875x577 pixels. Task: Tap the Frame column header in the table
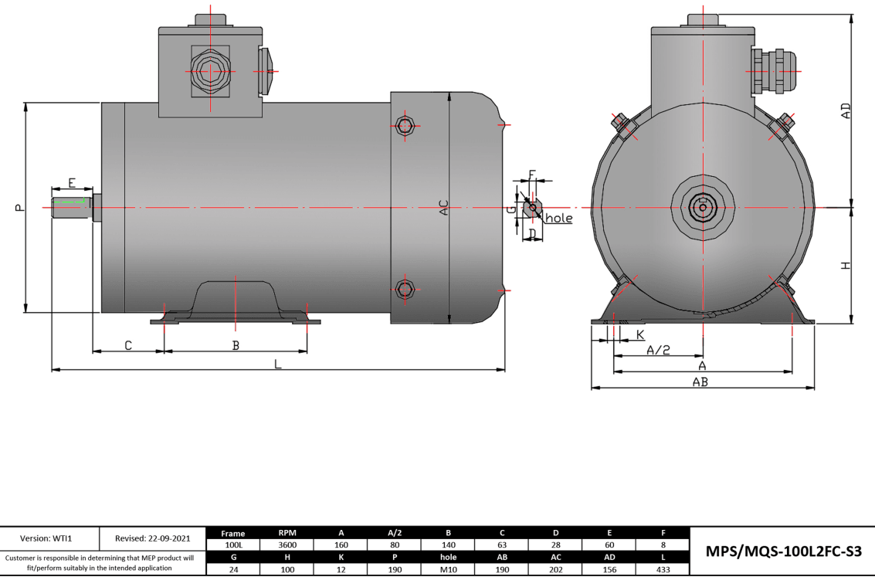point(232,532)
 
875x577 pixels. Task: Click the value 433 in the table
point(663,570)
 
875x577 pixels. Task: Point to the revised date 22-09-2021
point(152,538)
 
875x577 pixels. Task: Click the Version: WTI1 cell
point(49,538)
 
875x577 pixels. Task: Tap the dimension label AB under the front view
point(700,382)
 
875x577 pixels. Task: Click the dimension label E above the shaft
point(72,183)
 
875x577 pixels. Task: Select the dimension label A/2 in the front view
point(658,350)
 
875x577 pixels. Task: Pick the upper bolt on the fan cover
point(404,125)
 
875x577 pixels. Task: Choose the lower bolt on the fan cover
point(404,289)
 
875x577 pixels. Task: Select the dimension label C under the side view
point(128,345)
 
